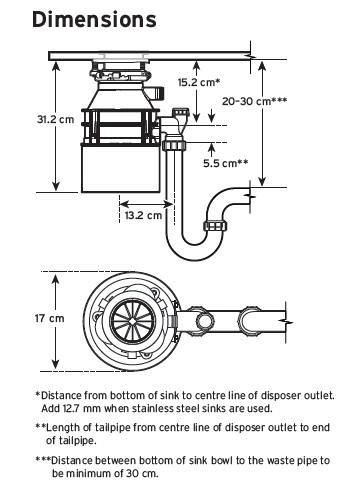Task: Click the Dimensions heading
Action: tap(94, 19)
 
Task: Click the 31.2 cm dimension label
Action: tap(56, 119)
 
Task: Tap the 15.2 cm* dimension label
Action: tap(199, 82)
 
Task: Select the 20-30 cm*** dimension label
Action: tap(255, 101)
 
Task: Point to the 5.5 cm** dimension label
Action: tap(226, 163)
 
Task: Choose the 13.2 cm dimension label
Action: tap(143, 215)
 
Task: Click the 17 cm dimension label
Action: tap(50, 318)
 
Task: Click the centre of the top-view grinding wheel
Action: tap(133, 321)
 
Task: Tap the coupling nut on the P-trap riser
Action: tap(215, 226)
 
